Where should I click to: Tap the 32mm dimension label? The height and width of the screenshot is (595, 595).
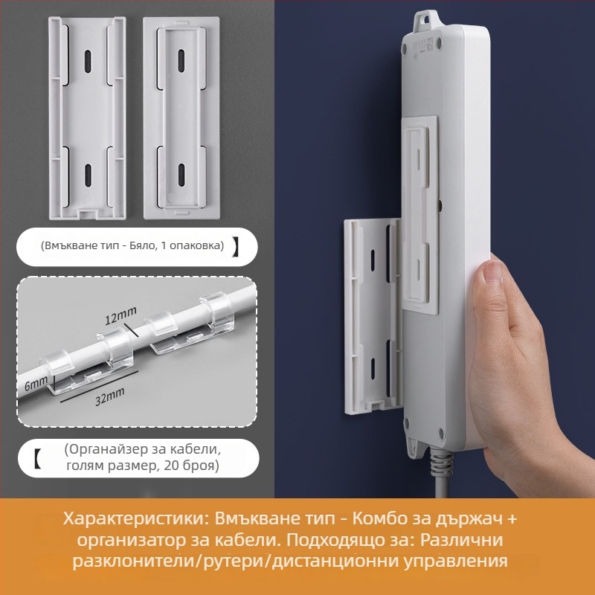[109, 396]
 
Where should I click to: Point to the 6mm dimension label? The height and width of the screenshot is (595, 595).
[36, 383]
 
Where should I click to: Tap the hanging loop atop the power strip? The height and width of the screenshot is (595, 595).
[424, 22]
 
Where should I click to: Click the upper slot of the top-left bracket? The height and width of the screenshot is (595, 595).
[88, 59]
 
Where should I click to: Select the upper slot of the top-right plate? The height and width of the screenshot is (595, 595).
[181, 59]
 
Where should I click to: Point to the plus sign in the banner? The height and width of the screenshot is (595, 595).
[511, 518]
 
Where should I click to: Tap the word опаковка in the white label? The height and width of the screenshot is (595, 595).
[194, 246]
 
